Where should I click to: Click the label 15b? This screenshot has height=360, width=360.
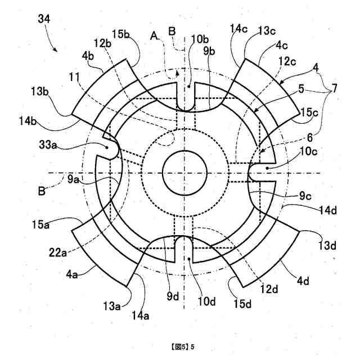click(x=120, y=35)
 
